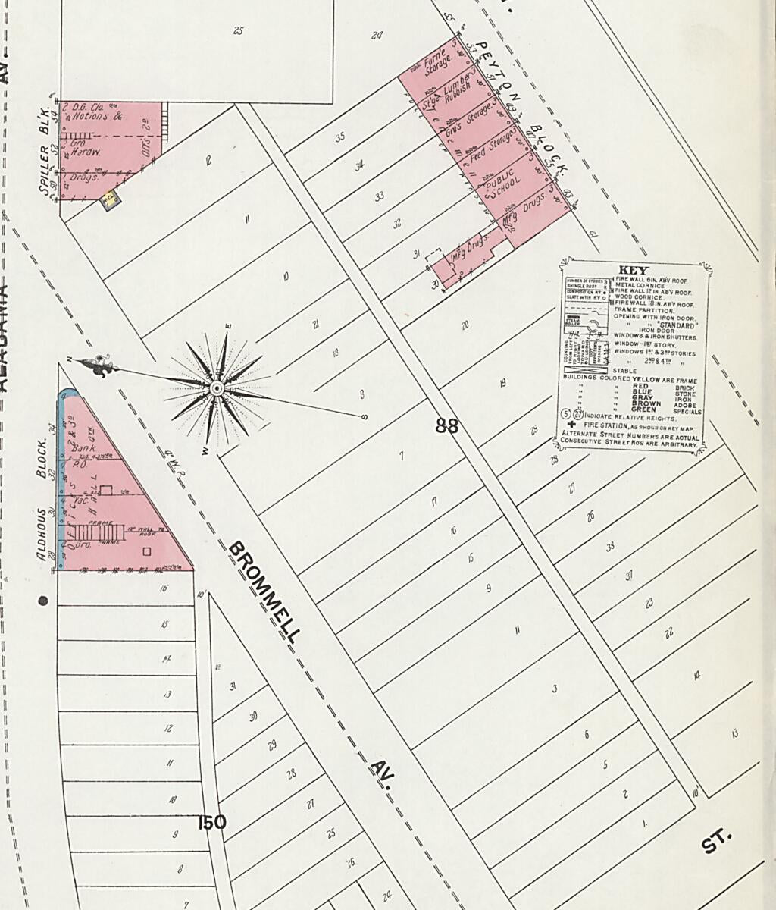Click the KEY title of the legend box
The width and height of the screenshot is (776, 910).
[x=635, y=270]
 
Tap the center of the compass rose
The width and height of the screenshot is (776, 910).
[x=217, y=389]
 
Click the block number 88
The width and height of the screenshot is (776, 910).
[x=447, y=425]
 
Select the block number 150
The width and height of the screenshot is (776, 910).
[x=211, y=822]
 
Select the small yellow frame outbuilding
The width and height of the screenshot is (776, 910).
[x=111, y=199]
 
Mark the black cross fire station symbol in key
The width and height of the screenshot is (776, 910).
[x=571, y=425]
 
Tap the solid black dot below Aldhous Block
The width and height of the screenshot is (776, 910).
[x=43, y=601]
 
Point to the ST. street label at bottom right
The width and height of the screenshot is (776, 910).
[x=717, y=841]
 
